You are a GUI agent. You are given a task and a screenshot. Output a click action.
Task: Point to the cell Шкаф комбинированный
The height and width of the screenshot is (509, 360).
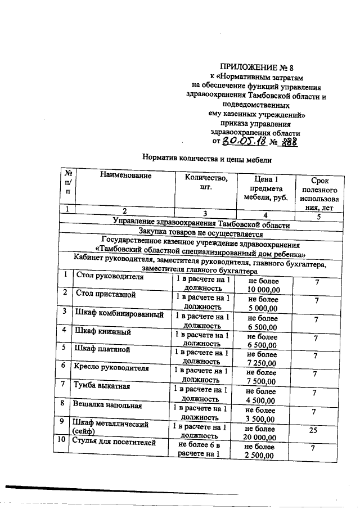click(119, 313)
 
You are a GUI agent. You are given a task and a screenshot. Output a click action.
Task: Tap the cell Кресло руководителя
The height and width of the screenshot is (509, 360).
click(111, 368)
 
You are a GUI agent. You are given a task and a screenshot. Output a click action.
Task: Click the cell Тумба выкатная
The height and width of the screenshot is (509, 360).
click(102, 386)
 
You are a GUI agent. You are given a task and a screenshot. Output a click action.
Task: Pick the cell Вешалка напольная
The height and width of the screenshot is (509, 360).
click(106, 405)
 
